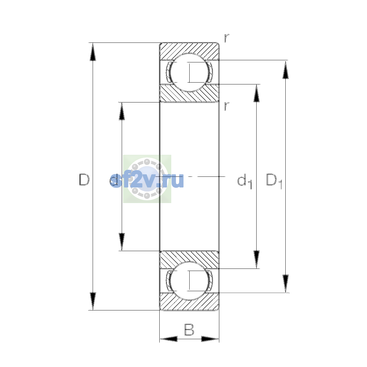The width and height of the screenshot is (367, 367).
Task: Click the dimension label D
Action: pyautogui.click(x=84, y=180)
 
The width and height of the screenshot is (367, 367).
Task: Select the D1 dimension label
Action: pyautogui.click(x=274, y=181)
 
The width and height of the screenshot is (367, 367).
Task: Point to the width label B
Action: pyautogui.click(x=189, y=329)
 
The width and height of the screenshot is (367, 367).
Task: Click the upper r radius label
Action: pyautogui.click(x=227, y=38)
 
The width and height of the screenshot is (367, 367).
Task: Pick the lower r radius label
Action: pyautogui.click(x=227, y=106)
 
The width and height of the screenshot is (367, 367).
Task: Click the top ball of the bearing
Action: pyautogui.click(x=189, y=72)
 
